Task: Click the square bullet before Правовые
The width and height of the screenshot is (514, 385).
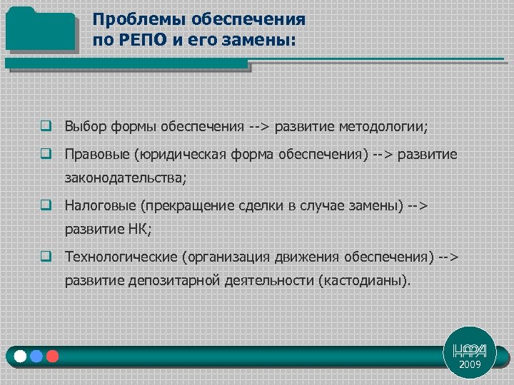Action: (x=45, y=154)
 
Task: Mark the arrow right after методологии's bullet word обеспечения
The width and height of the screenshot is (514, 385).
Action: (x=259, y=127)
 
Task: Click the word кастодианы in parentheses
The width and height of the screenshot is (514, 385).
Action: (x=366, y=281)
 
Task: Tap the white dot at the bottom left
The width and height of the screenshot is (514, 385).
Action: (x=20, y=355)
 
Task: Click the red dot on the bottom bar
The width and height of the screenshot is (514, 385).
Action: (x=51, y=355)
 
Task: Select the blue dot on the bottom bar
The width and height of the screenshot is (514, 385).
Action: (x=36, y=355)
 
